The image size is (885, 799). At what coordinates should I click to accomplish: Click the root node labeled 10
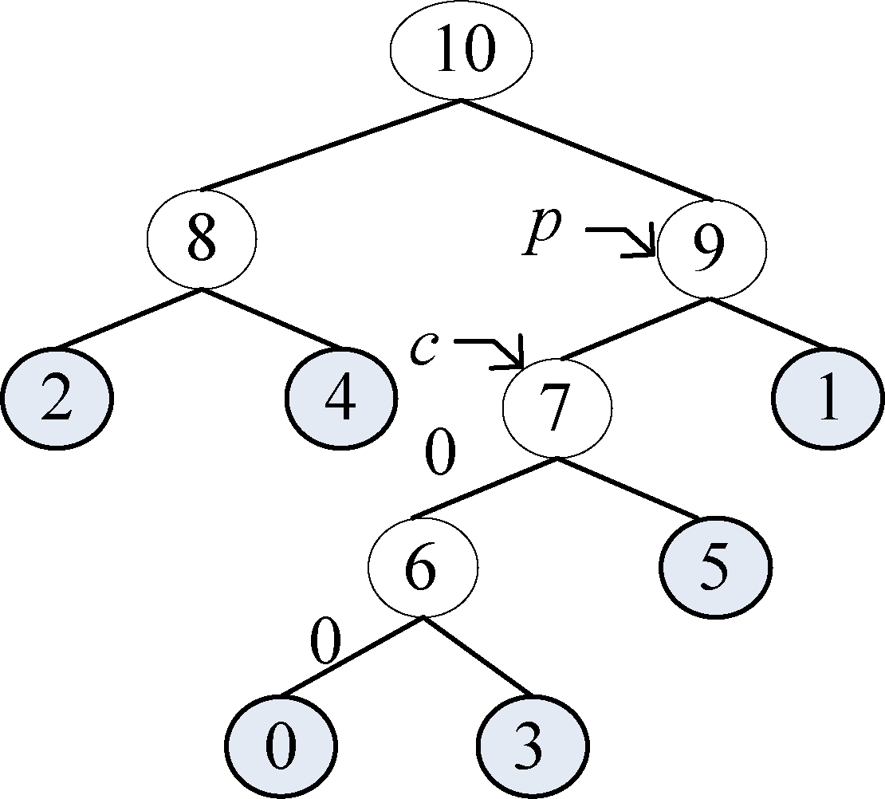pos(461,49)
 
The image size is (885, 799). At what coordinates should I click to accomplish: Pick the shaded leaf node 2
pos(56,396)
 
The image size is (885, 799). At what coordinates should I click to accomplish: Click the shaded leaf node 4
pos(341,396)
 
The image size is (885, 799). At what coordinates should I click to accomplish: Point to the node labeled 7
pos(557,407)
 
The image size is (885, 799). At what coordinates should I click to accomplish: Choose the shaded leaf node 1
pos(828,396)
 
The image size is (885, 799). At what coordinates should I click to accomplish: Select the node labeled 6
pos(423,566)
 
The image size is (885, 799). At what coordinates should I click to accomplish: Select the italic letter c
pos(423,348)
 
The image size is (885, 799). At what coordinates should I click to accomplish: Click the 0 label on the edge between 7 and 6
pos(439,453)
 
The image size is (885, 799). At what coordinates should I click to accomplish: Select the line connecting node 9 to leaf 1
pos(769,323)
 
